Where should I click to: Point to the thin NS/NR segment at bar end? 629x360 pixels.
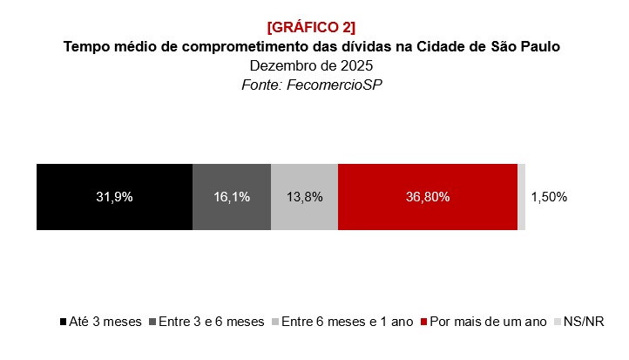coord(521,197)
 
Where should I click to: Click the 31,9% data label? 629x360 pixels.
coord(114,197)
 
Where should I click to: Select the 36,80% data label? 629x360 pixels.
coord(428,197)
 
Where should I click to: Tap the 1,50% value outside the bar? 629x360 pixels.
coord(549,197)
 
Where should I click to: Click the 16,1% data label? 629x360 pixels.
coord(232,197)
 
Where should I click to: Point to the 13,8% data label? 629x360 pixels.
coord(304,197)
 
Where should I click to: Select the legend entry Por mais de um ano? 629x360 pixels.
coord(488,322)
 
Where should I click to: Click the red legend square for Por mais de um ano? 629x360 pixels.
coord(424,323)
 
